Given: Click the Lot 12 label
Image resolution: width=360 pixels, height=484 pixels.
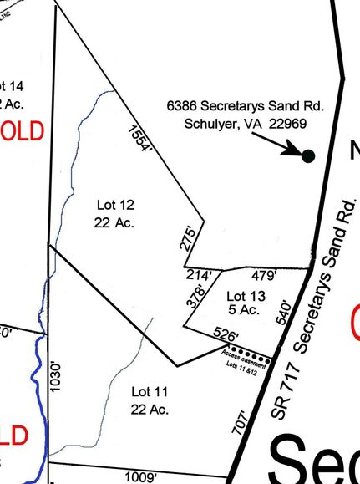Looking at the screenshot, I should pos(114,205).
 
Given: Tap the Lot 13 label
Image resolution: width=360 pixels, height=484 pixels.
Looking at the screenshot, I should pos(246,296).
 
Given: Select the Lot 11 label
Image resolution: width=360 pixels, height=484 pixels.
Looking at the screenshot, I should pos(150,391).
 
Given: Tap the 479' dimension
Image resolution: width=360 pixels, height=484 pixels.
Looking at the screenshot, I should pos(264,274).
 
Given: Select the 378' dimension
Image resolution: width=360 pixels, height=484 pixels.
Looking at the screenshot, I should pos(195,299).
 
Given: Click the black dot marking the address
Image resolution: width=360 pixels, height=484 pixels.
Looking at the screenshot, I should pos(307,156).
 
